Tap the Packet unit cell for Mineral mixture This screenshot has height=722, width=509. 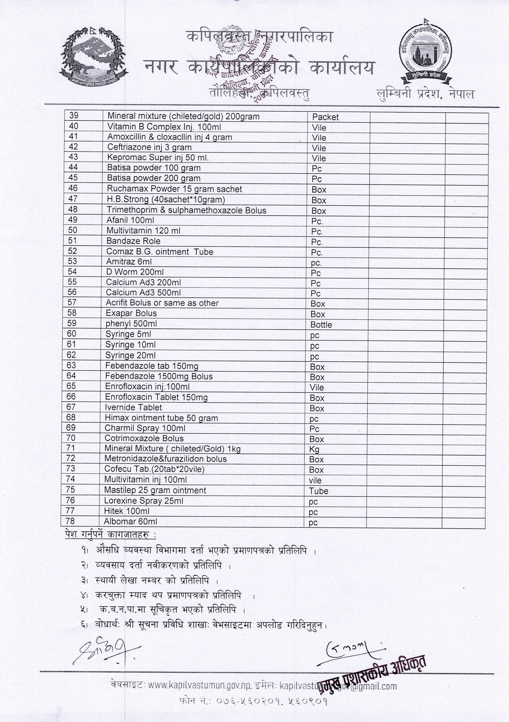coord(325,117)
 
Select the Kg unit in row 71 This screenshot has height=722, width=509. coord(314,449)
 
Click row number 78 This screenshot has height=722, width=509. coord(70,521)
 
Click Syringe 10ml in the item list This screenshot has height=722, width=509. coord(131,345)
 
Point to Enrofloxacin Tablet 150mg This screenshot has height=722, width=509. coord(156,397)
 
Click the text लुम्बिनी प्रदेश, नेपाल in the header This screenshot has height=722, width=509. coord(426,94)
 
